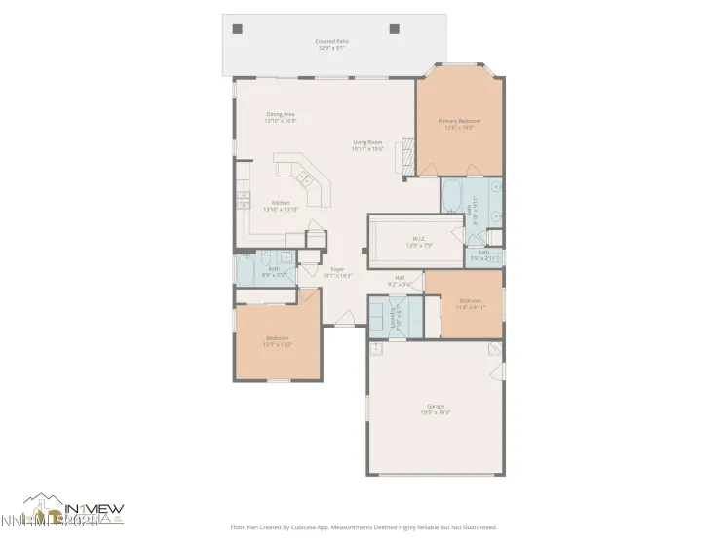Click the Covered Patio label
pos(332,41)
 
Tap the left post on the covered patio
pos(237,29)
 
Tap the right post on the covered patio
pos(395,29)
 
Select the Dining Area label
pos(281,114)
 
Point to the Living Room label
pos(366,142)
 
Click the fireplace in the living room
pos(406,154)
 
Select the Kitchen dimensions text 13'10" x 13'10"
pos(281,209)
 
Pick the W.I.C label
pos(418,237)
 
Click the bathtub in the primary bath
pos(452,197)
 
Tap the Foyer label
pos(337,269)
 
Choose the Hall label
pos(400,278)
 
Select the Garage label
pos(435,405)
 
